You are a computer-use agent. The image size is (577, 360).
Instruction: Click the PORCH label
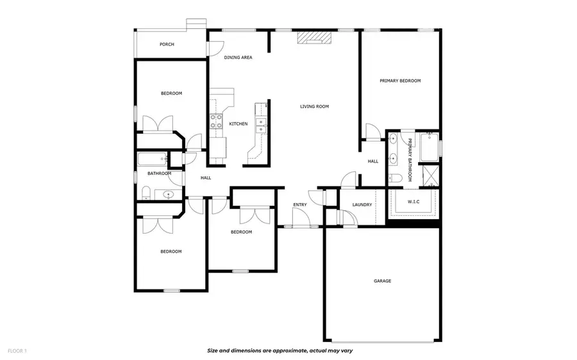167,44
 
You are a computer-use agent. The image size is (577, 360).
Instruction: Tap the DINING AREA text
238,58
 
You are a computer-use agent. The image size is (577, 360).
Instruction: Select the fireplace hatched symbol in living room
314,38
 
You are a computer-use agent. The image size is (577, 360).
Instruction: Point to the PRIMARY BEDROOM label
400,81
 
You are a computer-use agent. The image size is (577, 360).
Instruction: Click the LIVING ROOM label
314,106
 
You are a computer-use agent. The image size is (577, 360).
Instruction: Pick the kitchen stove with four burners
216,121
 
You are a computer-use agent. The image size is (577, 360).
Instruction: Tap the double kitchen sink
261,126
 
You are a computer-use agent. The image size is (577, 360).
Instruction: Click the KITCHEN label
238,124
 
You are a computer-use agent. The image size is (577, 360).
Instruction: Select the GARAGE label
382,281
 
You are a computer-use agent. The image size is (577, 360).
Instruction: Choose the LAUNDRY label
362,205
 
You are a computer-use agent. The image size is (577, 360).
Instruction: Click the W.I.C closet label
414,202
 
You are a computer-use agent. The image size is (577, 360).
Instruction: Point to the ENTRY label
300,205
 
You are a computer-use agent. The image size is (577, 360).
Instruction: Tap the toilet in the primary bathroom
395,178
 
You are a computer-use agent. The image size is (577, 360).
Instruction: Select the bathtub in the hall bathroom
153,160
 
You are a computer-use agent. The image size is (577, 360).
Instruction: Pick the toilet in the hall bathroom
146,193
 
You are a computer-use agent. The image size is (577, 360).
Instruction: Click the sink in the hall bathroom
168,195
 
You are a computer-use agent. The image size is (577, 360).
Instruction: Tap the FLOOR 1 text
17,351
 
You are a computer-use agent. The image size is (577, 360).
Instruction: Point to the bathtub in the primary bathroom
429,147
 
